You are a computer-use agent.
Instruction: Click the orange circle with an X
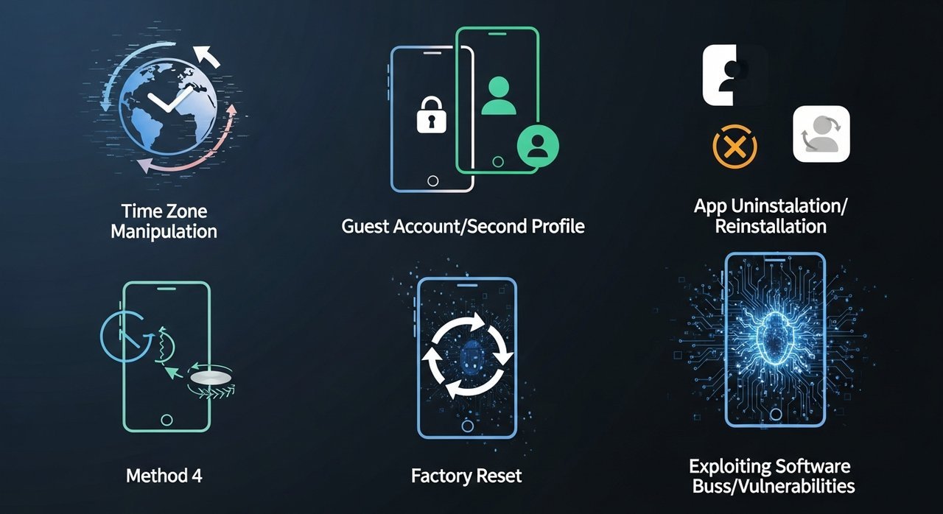[x=735, y=147]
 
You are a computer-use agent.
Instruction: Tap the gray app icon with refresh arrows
[x=821, y=134]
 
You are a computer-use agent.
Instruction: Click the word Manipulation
[x=164, y=231]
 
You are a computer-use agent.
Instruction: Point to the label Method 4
[x=164, y=475]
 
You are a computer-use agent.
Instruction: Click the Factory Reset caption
[x=466, y=476]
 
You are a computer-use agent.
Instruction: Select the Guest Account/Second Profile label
[x=463, y=226]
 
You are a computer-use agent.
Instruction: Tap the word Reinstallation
[x=771, y=226]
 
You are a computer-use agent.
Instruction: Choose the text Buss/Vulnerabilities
[x=774, y=486]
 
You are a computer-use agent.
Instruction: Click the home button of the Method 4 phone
[x=167, y=419]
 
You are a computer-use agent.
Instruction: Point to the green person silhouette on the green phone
[x=498, y=96]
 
